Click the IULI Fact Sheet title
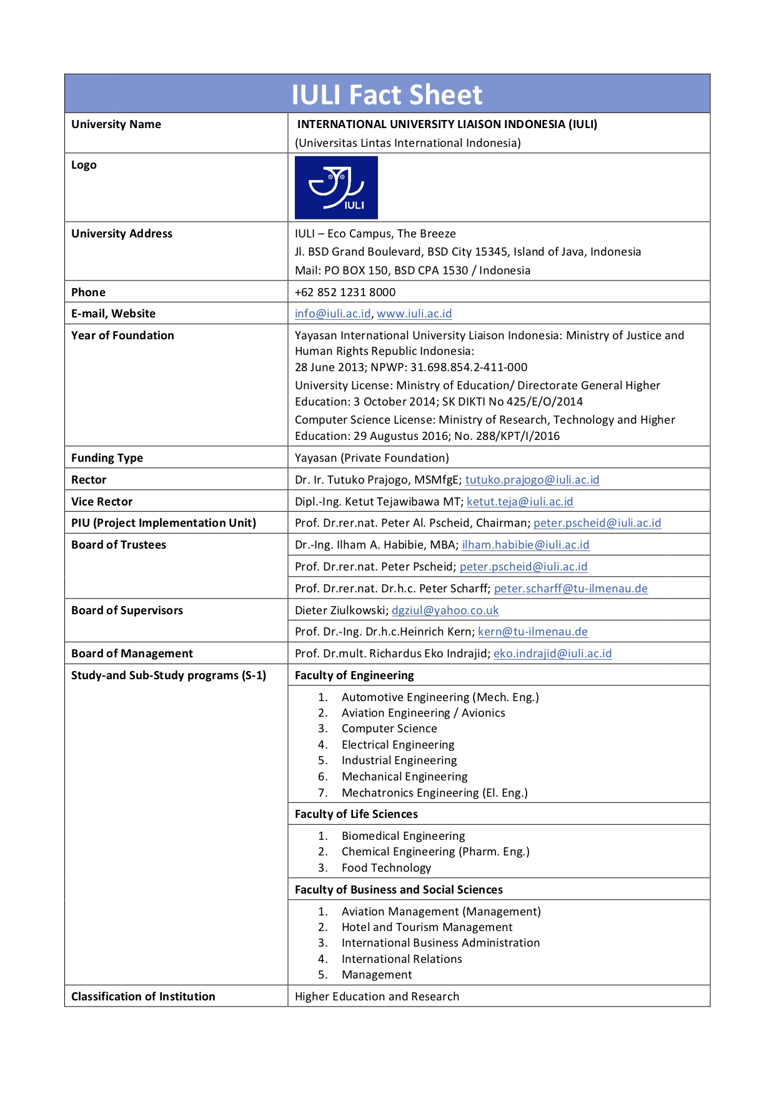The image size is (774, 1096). [x=387, y=95]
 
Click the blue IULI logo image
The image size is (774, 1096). [x=336, y=187]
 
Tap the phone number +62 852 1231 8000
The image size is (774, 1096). [x=345, y=292]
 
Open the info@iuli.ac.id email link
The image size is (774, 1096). [x=332, y=314]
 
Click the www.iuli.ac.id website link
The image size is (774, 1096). [x=414, y=314]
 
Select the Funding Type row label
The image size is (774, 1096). [x=107, y=457]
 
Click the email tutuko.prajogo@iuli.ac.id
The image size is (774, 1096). [x=532, y=480]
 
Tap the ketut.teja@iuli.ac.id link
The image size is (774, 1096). [x=520, y=502]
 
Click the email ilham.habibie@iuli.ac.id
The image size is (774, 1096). [x=525, y=545]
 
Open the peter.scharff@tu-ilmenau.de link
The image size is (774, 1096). [x=570, y=589]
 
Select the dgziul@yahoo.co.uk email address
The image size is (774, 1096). [x=445, y=610]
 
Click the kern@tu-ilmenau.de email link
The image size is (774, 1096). [x=532, y=632]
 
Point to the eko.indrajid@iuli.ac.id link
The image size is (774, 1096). [x=552, y=654]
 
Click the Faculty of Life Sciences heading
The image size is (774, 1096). [x=356, y=814]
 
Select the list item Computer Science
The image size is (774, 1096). [x=389, y=729]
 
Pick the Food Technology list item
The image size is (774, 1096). [x=386, y=868]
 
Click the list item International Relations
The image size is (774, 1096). [x=402, y=959]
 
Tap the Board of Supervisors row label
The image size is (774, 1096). [x=127, y=610]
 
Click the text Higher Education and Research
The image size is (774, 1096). [x=377, y=997]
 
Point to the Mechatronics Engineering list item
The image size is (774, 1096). [x=434, y=793]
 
